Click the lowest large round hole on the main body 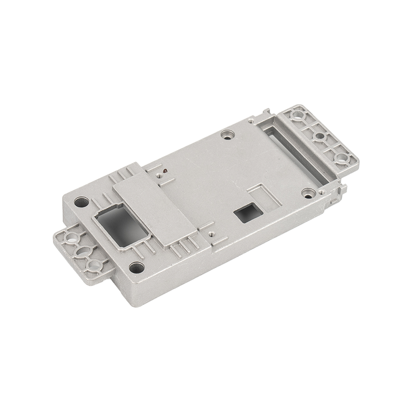point(135,267)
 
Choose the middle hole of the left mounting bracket point(82,252)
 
